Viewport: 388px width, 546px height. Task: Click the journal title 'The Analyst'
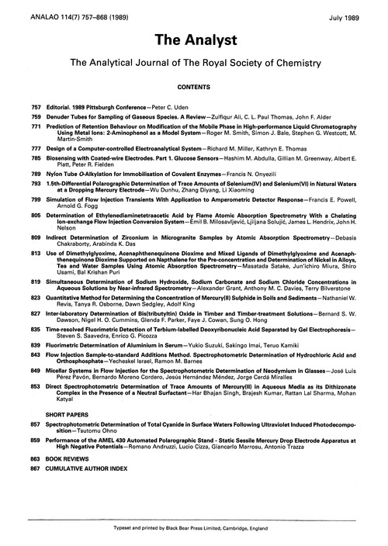click(x=193, y=37)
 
